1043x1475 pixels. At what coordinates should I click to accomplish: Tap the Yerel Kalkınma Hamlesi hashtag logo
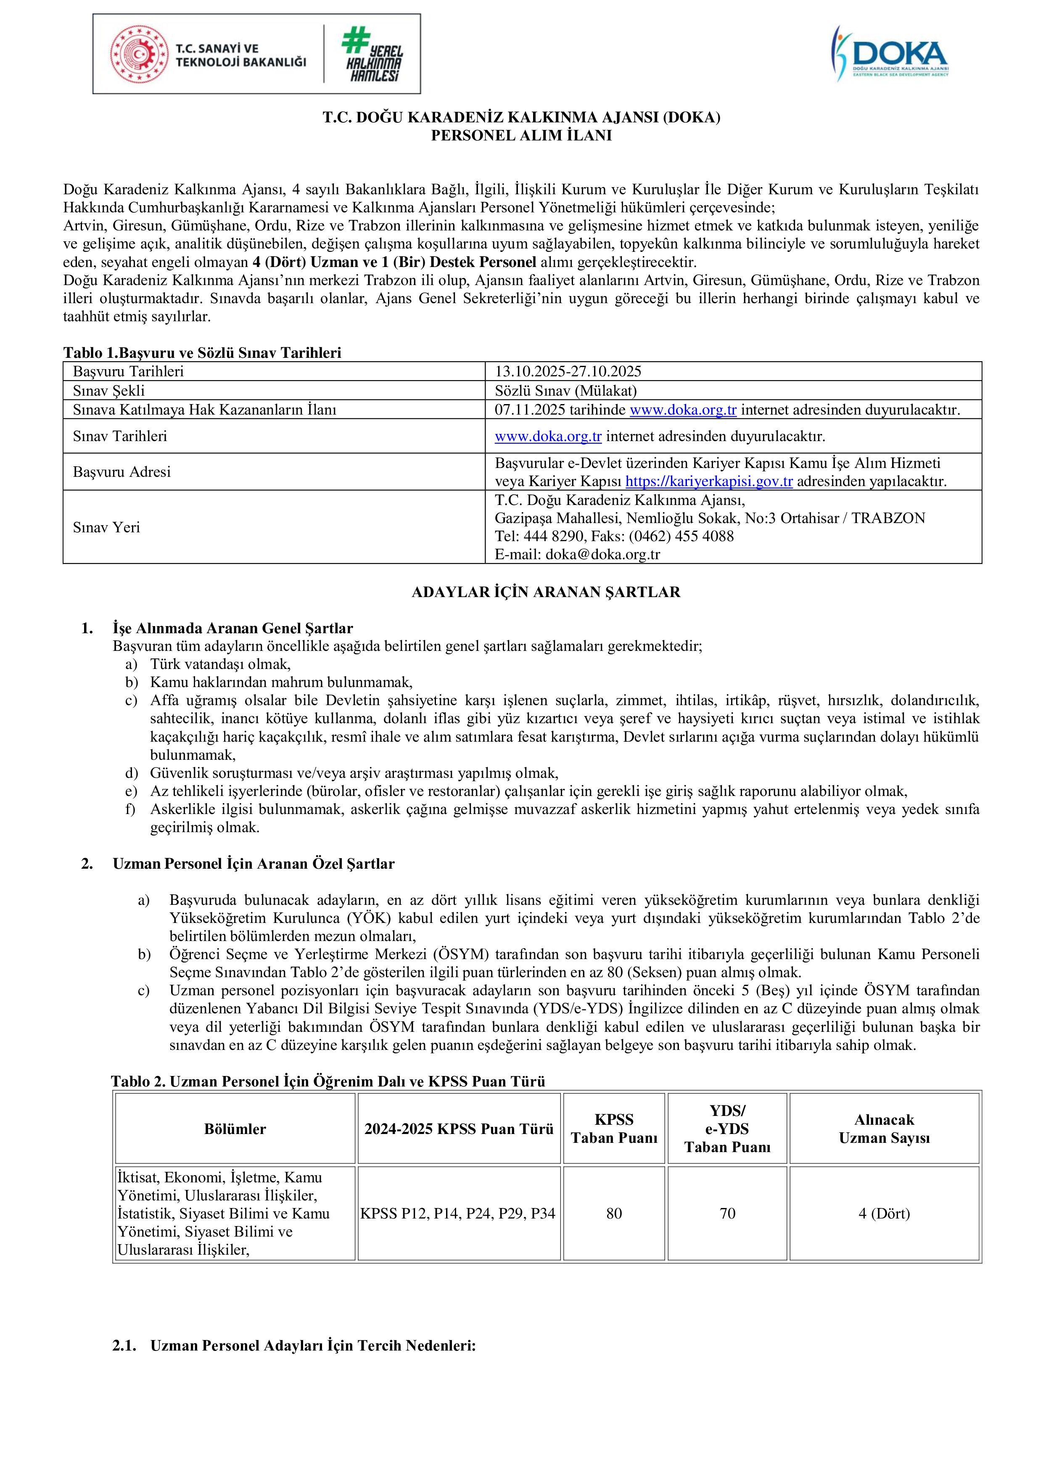pos(372,54)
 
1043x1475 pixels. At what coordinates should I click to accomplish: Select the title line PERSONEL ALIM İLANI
pos(521,135)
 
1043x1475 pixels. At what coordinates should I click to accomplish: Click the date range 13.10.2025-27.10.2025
pos(568,371)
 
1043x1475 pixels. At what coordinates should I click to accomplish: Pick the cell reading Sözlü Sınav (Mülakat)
pos(565,391)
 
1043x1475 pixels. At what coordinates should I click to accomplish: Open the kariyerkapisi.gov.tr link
pos(709,481)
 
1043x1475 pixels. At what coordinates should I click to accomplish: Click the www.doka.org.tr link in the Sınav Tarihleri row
pos(548,436)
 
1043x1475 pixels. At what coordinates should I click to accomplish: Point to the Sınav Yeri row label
pos(106,527)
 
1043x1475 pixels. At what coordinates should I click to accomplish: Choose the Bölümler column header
pos(235,1129)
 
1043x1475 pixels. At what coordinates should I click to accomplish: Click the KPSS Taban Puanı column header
pos(614,1129)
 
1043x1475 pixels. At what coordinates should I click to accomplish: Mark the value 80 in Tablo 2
pos(614,1213)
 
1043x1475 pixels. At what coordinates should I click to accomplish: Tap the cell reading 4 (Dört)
pos(885,1213)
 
